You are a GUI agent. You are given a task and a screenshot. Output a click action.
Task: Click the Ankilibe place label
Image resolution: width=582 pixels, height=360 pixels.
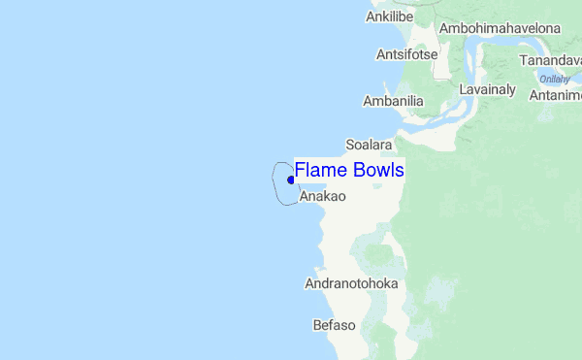[x=389, y=17]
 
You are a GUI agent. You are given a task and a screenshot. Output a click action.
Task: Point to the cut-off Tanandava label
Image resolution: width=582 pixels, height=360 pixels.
[x=550, y=60]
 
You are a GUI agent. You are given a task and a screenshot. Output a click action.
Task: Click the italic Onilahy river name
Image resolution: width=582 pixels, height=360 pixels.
[x=554, y=80]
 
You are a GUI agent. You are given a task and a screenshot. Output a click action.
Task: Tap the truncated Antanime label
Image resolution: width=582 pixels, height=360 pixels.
[x=555, y=95]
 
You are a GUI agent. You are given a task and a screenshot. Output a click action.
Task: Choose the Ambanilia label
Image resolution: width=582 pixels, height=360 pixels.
[x=393, y=101]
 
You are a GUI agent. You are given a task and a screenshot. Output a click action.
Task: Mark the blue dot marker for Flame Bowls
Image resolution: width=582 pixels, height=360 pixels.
[x=291, y=180]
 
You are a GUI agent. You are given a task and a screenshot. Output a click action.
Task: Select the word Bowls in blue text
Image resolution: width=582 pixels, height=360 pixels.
[x=378, y=170]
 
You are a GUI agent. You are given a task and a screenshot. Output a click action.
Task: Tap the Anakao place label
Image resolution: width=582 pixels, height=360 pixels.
[x=323, y=196]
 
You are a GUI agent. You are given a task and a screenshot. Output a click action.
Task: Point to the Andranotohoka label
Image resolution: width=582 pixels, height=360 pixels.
[x=351, y=284]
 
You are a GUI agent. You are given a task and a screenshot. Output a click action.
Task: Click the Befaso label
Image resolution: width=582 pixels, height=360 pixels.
[x=335, y=325]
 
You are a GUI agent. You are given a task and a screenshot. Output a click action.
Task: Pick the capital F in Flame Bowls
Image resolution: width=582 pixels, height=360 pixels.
[x=300, y=170]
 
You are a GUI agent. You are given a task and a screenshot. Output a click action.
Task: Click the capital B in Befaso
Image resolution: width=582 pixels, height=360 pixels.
[x=317, y=325]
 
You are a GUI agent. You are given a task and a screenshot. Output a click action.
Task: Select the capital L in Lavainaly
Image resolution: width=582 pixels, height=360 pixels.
[x=463, y=89]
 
